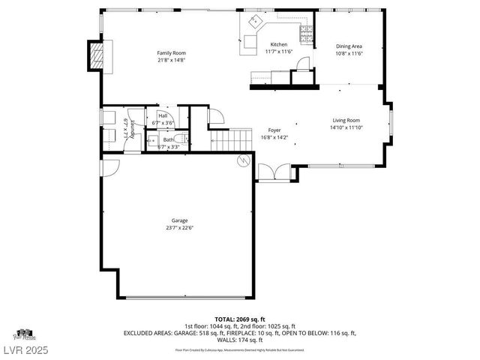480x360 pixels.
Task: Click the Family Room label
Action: (x=171, y=53)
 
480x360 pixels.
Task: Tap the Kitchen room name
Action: (x=278, y=45)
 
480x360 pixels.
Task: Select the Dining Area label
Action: (x=349, y=46)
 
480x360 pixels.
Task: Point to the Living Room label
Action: (x=346, y=120)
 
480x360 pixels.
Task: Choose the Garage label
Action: (x=178, y=220)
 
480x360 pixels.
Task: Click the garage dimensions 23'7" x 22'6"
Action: (x=178, y=228)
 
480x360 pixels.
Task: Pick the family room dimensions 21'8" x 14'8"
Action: (x=171, y=60)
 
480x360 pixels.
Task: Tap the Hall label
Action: (x=163, y=115)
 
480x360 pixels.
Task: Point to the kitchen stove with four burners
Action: (x=306, y=32)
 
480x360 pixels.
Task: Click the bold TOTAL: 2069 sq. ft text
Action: (x=241, y=318)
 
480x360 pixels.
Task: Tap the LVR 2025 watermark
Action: (x=22, y=351)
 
